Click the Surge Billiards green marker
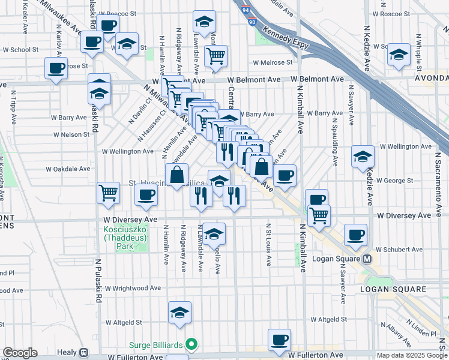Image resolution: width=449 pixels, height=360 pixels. pos(191,344)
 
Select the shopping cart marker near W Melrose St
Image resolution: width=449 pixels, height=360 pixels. pos(215,56)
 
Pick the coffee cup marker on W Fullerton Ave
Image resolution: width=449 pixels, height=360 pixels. pos(279,339)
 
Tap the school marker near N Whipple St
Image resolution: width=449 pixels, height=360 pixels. pos(399,54)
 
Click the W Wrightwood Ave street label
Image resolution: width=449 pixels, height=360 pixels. pos(133,288)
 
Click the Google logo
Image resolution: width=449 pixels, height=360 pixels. pos(20,353)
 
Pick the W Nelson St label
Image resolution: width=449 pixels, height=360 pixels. pos(70,134)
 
